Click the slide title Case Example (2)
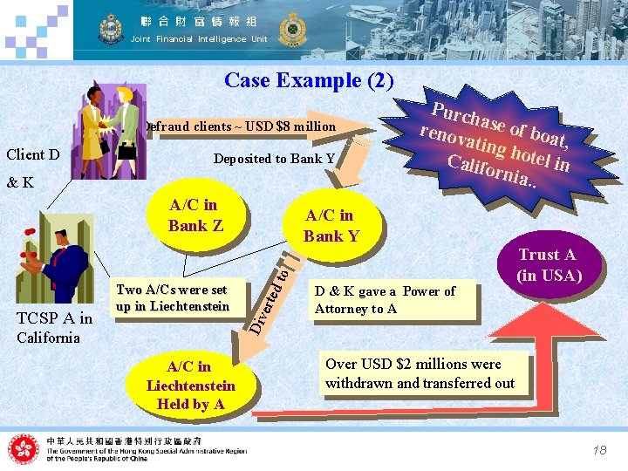310,81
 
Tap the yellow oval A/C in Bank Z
195,215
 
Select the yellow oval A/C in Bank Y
330,226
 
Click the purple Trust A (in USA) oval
547,265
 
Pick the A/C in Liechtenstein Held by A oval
191,385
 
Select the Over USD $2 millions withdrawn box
420,373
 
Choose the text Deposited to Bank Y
275,159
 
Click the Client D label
33,155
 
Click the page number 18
598,450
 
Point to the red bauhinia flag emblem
24,449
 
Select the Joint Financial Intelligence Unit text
199,39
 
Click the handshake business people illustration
109,131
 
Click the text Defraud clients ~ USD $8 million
241,127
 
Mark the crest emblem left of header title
111,30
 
